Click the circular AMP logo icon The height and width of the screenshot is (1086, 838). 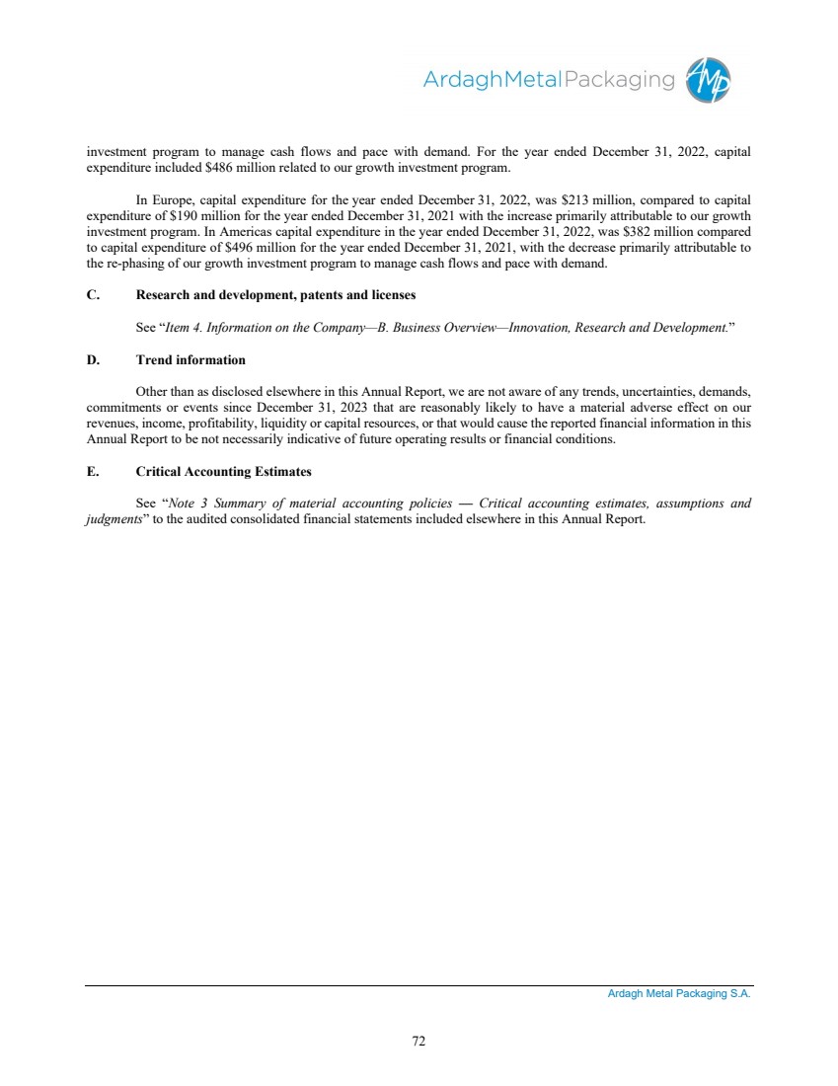[709, 78]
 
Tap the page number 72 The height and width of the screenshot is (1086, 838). [419, 1040]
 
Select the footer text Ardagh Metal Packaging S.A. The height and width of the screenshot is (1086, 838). [679, 994]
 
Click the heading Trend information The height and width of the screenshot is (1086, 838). [190, 359]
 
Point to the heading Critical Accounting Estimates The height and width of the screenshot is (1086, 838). [223, 471]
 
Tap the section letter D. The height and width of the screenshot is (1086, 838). [92, 359]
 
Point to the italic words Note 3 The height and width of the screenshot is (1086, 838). [186, 504]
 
